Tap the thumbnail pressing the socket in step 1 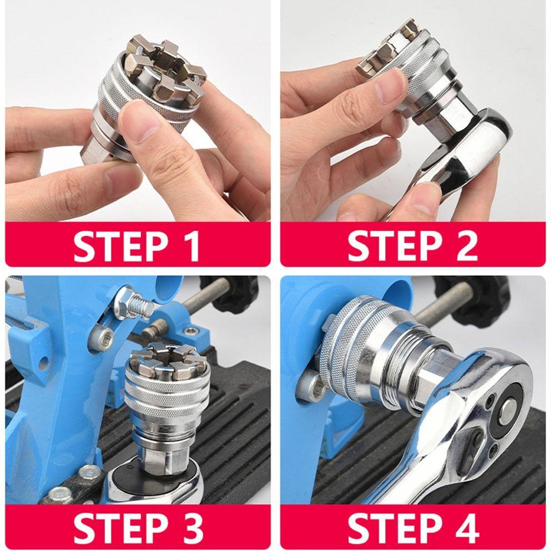click(x=139, y=119)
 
